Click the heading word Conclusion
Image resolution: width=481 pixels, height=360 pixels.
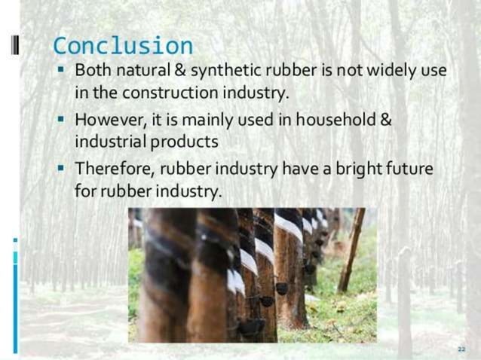[122, 45]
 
